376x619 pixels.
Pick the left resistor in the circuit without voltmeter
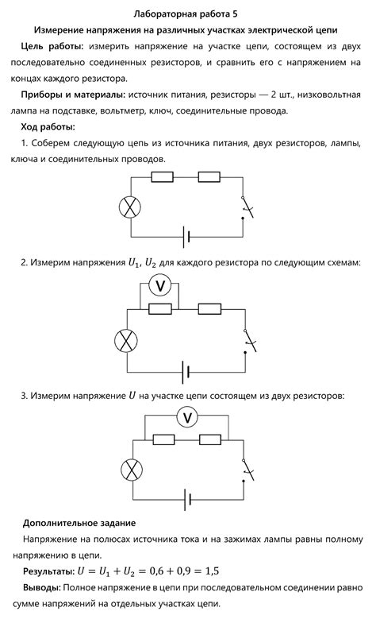coord(162,178)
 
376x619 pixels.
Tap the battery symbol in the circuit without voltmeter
coord(186,236)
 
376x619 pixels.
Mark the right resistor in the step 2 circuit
coord(209,308)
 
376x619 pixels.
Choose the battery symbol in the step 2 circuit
coord(186,369)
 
